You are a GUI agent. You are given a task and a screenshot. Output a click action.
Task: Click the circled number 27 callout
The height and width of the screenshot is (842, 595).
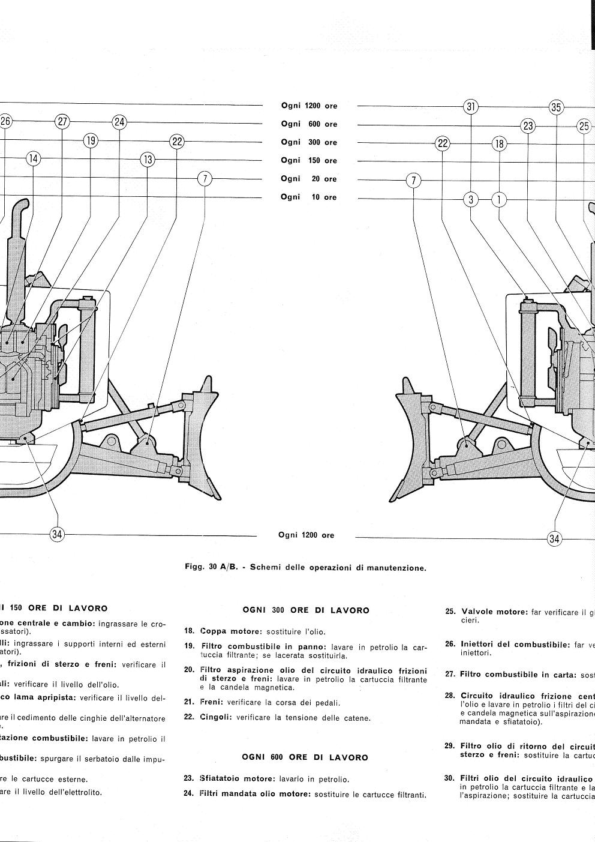[62, 122]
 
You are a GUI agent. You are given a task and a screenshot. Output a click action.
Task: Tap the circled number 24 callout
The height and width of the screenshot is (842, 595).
[119, 122]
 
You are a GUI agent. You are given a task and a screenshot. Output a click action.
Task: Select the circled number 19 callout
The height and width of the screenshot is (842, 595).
[91, 141]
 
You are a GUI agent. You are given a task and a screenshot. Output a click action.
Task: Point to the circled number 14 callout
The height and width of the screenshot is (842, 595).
[33, 158]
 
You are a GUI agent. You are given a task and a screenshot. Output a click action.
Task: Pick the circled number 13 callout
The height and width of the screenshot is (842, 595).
[148, 160]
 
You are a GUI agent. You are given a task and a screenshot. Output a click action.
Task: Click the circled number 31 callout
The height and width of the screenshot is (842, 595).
[471, 107]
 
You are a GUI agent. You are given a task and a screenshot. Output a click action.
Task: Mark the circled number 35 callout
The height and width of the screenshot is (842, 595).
[557, 107]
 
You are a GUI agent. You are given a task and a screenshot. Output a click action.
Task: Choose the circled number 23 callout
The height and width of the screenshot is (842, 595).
[528, 125]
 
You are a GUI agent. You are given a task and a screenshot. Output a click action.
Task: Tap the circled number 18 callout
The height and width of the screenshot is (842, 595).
[499, 144]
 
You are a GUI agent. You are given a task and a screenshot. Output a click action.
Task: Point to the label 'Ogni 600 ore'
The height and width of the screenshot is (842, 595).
[309, 124]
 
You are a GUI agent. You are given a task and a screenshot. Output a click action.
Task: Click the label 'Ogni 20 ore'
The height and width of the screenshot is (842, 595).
[309, 179]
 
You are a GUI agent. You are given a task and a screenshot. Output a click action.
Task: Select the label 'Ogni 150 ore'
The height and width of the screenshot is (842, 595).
[309, 160]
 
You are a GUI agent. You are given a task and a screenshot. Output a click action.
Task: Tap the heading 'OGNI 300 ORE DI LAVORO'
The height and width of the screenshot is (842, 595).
[306, 610]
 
